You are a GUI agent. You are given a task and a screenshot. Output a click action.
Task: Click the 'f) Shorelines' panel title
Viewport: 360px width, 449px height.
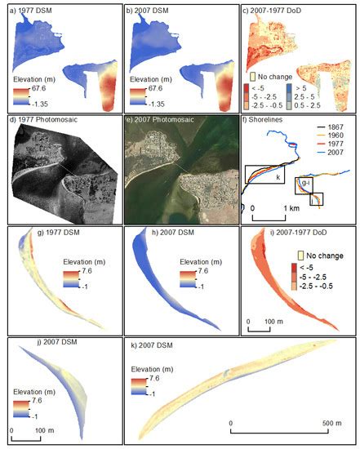[268, 120]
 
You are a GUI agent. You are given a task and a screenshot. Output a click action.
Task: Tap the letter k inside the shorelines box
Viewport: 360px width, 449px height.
[278, 177]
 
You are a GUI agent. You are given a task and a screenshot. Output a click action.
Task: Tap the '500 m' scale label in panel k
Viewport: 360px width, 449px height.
[327, 432]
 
